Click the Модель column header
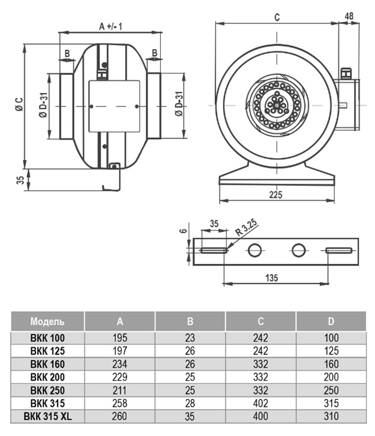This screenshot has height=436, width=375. pos(47,321)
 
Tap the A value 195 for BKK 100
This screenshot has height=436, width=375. pos(119,338)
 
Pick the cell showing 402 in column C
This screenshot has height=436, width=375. pos(260,403)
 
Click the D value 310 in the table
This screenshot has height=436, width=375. pos(331,416)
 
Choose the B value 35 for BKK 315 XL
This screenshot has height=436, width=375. pos(190,416)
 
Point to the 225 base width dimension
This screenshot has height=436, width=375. pos(276,194)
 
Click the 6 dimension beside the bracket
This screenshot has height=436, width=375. pos(184,231)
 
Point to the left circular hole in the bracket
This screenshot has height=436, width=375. pos(254,250)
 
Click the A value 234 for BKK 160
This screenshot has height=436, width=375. pos(119,364)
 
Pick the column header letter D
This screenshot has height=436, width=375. pos(331,321)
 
